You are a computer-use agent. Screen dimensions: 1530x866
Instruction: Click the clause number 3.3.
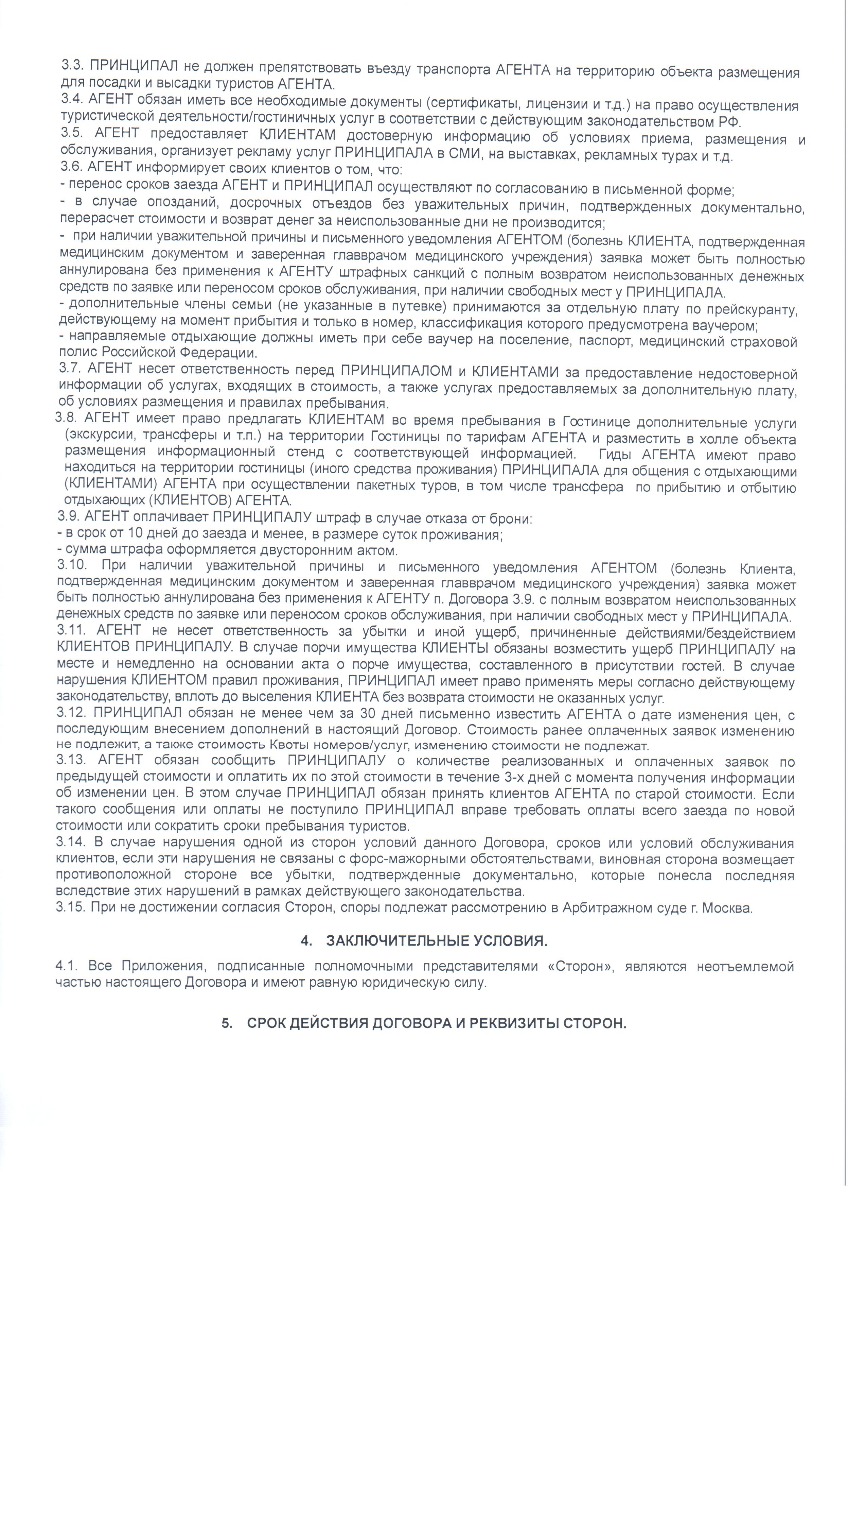click(74, 66)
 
